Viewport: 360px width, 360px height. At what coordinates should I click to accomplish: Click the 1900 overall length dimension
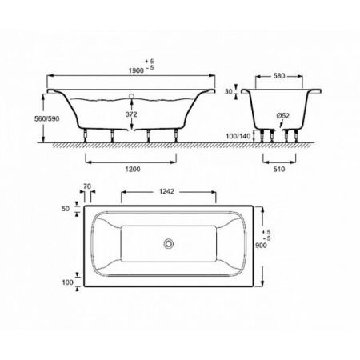[136, 70]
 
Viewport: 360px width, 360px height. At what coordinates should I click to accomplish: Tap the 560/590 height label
[47, 119]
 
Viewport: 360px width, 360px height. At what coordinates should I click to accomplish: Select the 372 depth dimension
[131, 114]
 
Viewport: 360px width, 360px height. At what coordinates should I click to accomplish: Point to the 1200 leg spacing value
[133, 169]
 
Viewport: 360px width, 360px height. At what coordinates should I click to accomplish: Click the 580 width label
[279, 76]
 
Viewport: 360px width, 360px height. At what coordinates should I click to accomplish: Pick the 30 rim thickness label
[229, 91]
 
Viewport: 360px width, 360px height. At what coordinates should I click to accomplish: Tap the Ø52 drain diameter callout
[282, 116]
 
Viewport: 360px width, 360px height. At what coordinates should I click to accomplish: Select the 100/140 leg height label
[238, 136]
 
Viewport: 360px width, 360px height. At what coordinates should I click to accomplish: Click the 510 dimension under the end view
[279, 169]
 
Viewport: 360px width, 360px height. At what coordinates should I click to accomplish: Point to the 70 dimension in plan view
[87, 186]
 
